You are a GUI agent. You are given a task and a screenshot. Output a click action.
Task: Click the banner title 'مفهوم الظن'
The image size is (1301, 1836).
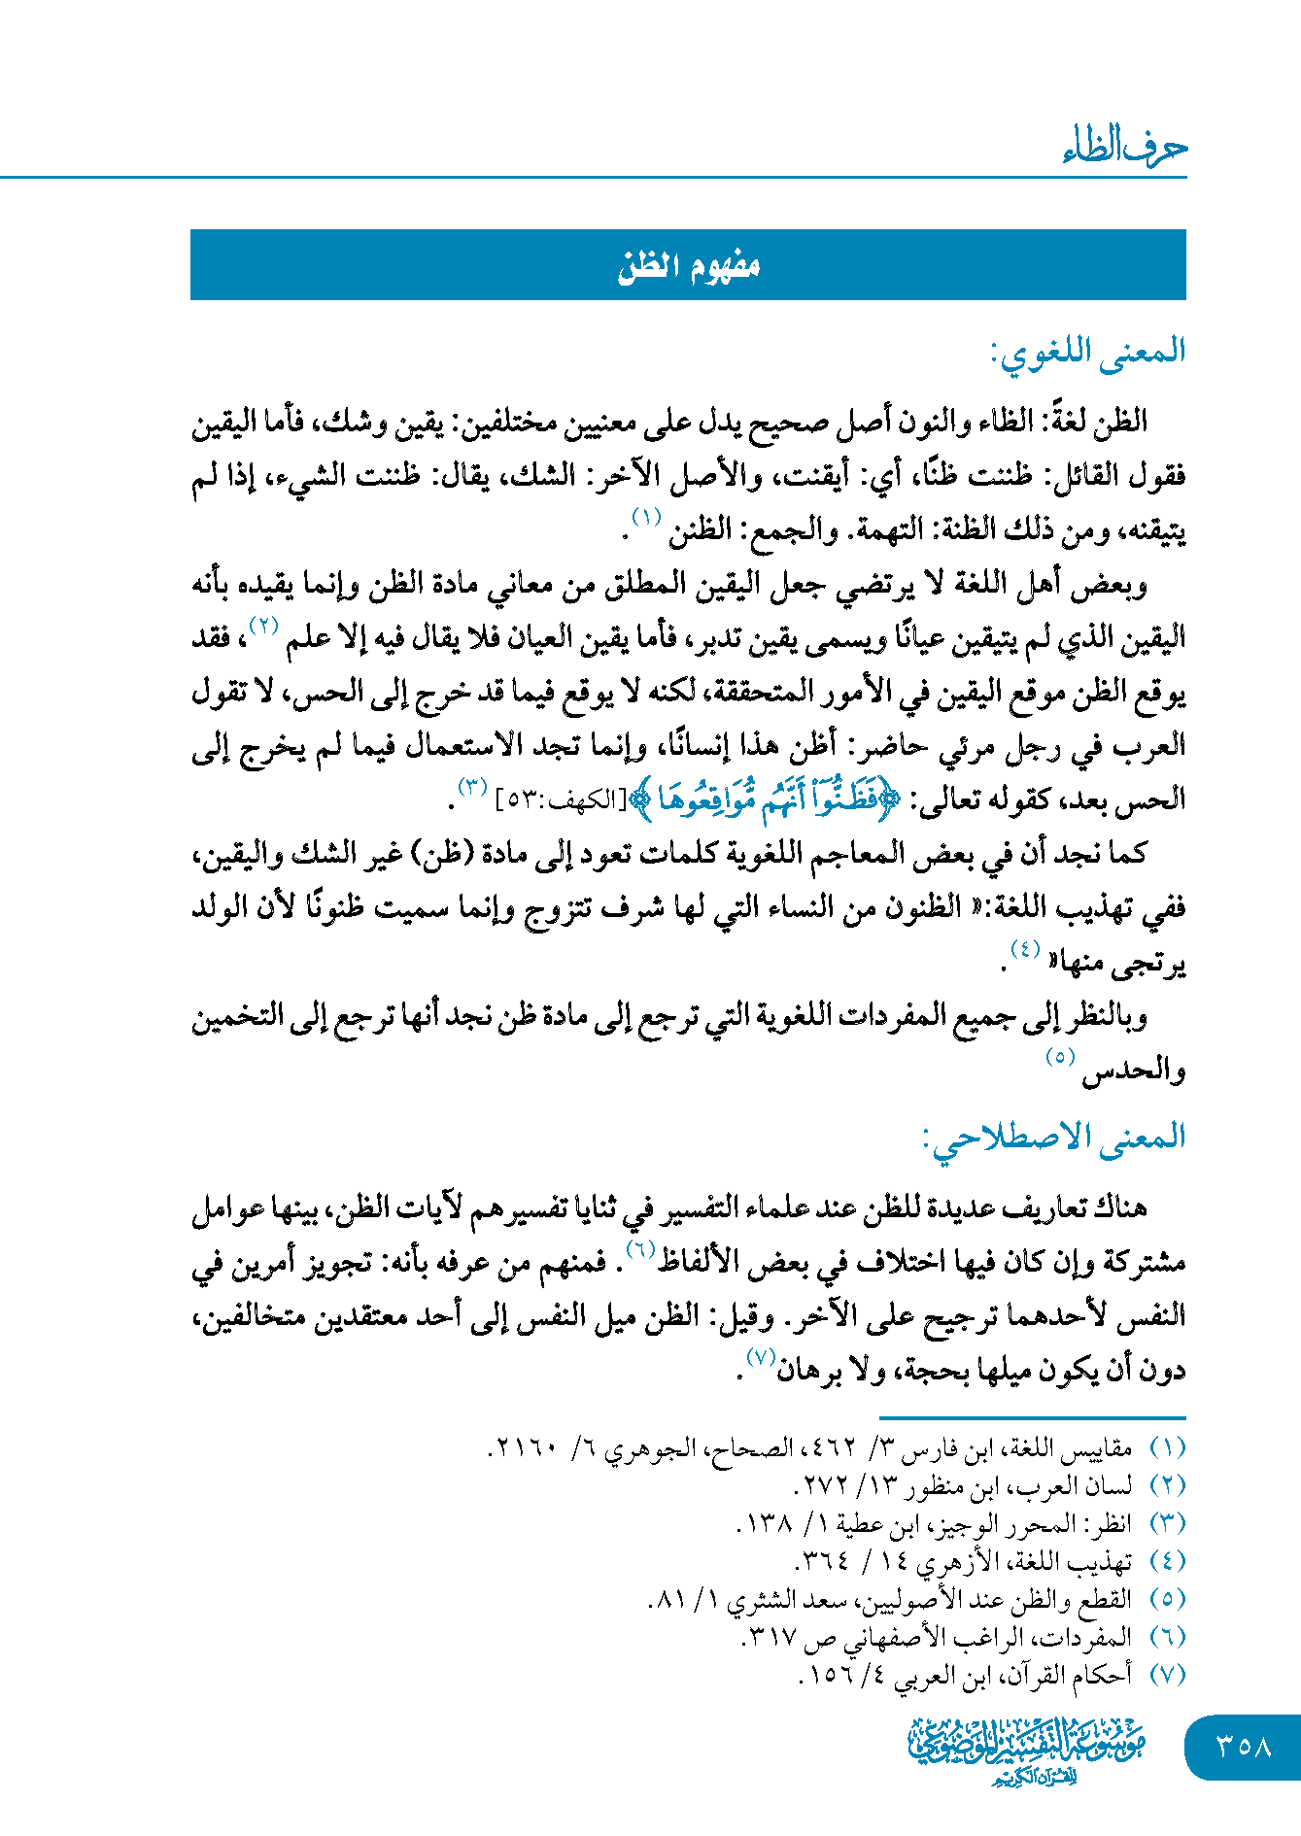688,265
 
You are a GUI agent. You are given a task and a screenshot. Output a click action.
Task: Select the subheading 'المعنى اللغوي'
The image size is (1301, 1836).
1088,352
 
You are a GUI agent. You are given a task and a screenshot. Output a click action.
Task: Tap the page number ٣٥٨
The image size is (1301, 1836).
1244,1746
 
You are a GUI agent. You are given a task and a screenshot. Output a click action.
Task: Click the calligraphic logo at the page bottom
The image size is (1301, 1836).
1028,1749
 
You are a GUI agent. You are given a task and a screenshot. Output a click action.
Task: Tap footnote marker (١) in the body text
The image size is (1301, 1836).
646,516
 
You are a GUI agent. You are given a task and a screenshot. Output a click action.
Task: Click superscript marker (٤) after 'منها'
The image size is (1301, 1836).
1025,948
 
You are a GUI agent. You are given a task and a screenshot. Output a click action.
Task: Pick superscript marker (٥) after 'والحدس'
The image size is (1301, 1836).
1060,1056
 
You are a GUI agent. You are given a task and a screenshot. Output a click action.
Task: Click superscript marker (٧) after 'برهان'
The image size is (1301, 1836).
758,1356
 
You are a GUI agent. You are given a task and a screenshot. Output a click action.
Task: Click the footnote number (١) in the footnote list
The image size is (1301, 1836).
1167,1448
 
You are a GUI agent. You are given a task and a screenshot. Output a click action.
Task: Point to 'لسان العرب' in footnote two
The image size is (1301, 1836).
1088,1486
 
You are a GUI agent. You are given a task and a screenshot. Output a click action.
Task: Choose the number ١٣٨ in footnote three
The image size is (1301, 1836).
768,1524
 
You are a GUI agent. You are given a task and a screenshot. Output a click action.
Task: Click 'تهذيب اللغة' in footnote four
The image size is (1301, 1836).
1086,1562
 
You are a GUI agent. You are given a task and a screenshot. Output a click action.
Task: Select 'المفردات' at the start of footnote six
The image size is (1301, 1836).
1096,1638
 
